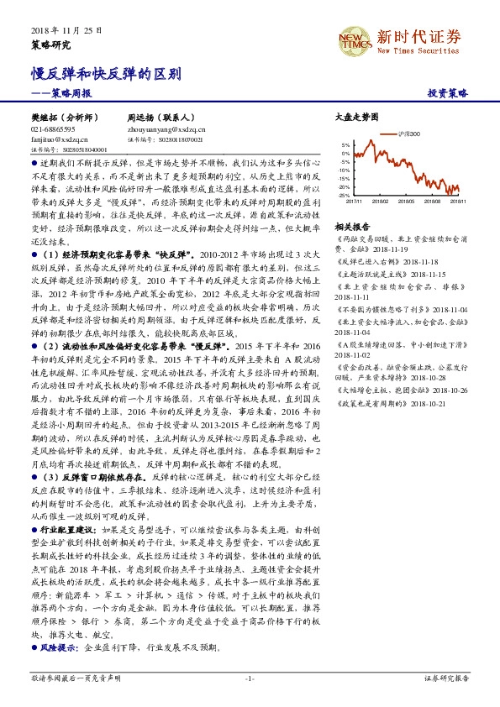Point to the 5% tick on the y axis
[x=345, y=144]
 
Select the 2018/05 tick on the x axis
[x=408, y=202]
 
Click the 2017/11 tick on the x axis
[x=354, y=202]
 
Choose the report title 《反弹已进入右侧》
[x=366, y=262]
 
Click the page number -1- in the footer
[x=250, y=678]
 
